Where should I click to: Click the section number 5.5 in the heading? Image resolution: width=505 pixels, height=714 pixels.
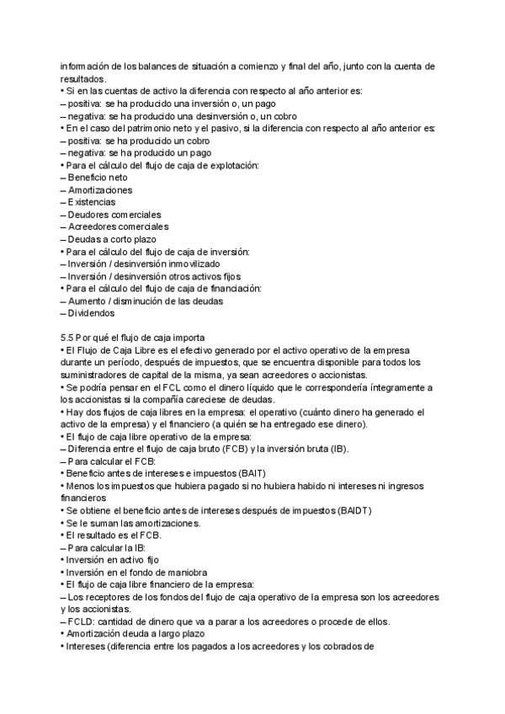(68, 338)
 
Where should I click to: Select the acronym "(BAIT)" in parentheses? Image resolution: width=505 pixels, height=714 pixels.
(248, 474)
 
